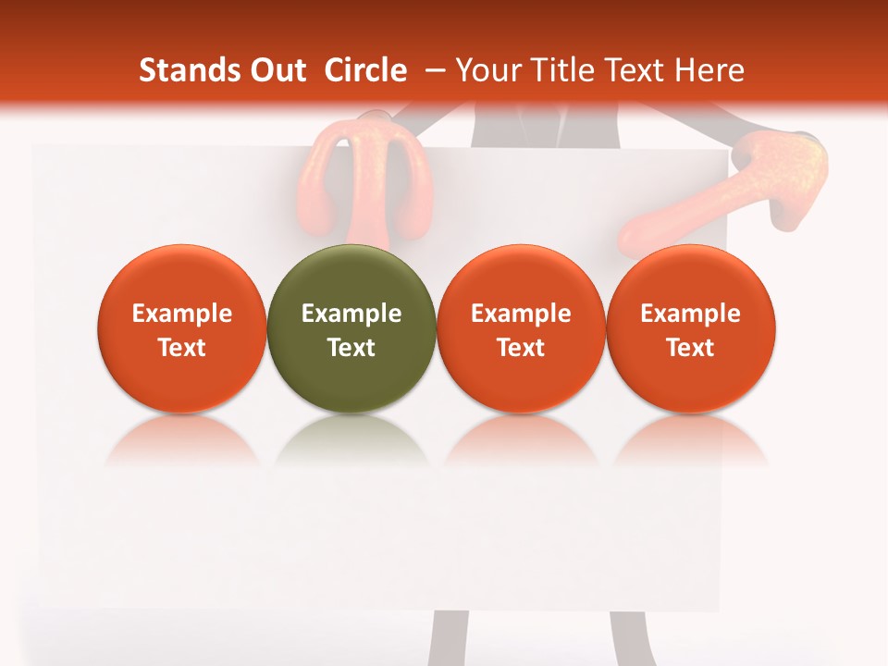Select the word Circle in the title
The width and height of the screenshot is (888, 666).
(x=365, y=70)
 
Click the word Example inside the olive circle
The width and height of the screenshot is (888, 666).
(x=351, y=314)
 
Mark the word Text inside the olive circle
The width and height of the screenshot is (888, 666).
(x=351, y=348)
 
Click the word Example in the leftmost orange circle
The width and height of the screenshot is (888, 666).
(x=182, y=314)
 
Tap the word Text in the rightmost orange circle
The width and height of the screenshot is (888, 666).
(x=691, y=348)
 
